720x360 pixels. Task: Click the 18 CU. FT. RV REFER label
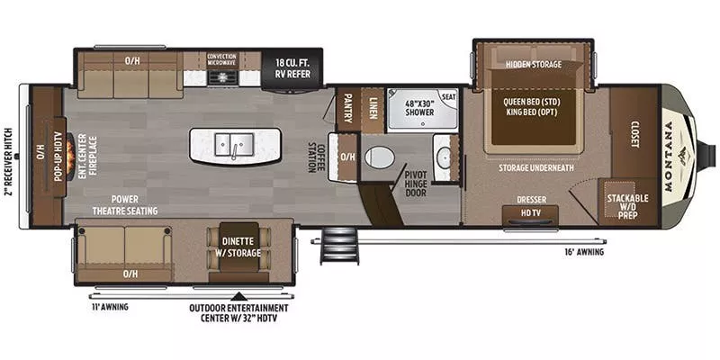point(292,68)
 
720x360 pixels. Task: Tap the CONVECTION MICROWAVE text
point(221,58)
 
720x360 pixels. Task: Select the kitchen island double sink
point(232,144)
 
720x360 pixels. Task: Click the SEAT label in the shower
point(447,97)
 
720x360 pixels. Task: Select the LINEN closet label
point(372,108)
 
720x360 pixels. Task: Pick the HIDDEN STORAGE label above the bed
point(533,64)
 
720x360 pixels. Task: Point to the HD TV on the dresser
point(529,212)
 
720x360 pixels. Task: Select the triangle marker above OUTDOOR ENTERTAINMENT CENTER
point(238,295)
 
